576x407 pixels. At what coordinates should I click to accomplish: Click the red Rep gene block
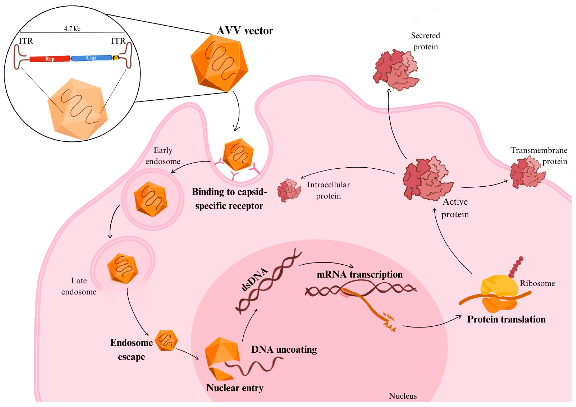click(x=50, y=59)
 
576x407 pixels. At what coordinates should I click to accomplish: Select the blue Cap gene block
click(x=91, y=58)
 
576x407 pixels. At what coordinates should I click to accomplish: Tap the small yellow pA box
click(x=115, y=58)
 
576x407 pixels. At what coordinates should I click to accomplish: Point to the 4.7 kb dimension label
click(x=72, y=29)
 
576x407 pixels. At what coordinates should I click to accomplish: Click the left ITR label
click(x=26, y=41)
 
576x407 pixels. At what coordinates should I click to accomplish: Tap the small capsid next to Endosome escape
click(x=166, y=340)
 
